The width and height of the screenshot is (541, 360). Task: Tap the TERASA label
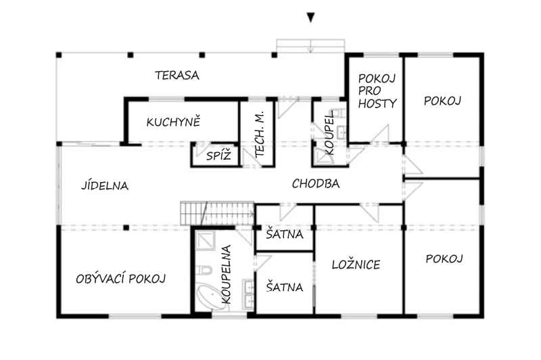(x=177, y=75)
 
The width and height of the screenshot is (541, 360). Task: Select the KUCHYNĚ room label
(x=173, y=122)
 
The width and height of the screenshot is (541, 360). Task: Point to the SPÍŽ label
(x=218, y=156)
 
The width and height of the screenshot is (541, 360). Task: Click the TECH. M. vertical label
(x=260, y=134)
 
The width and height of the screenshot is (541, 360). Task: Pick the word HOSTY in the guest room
(x=377, y=104)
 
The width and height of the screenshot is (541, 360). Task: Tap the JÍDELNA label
(x=105, y=185)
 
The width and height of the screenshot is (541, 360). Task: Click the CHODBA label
(x=316, y=183)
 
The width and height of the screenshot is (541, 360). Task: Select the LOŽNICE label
(x=356, y=265)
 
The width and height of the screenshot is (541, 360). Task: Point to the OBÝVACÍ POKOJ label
(x=121, y=279)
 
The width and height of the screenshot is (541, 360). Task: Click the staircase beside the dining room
(x=217, y=213)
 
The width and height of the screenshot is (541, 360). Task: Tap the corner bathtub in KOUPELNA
(x=208, y=296)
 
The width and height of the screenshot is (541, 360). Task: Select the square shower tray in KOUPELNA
(x=205, y=240)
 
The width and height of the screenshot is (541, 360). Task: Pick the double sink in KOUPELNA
(x=248, y=293)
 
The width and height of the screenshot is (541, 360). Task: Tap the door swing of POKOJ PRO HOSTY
(x=380, y=133)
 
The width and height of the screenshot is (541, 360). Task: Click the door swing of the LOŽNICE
(x=369, y=212)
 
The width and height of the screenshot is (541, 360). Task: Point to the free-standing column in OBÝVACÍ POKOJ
(x=126, y=227)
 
